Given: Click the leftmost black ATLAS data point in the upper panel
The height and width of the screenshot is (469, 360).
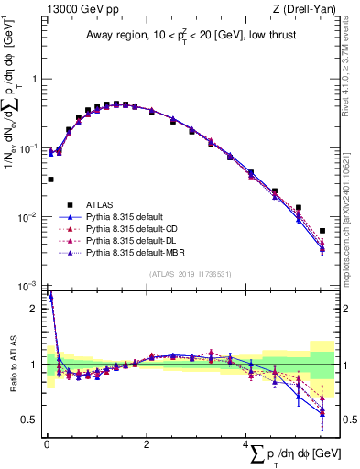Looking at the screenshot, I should (x=49, y=180).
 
